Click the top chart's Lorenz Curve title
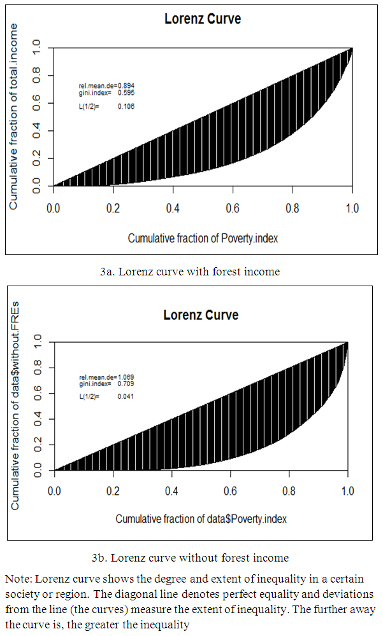(x=203, y=18)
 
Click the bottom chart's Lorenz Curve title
(x=201, y=315)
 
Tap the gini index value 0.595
(x=126, y=93)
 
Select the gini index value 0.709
(x=125, y=384)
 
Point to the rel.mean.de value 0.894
(x=126, y=85)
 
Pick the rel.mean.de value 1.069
(x=125, y=377)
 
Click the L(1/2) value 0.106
(x=126, y=106)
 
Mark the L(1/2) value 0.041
(x=125, y=396)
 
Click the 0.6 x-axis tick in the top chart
(x=233, y=208)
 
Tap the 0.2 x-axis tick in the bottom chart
(x=113, y=491)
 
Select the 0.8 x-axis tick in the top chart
(x=293, y=208)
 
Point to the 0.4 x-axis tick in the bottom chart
(x=172, y=491)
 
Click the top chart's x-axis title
(x=203, y=238)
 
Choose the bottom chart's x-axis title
(x=201, y=519)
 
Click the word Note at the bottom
(x=18, y=579)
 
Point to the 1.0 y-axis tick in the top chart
(x=36, y=46)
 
